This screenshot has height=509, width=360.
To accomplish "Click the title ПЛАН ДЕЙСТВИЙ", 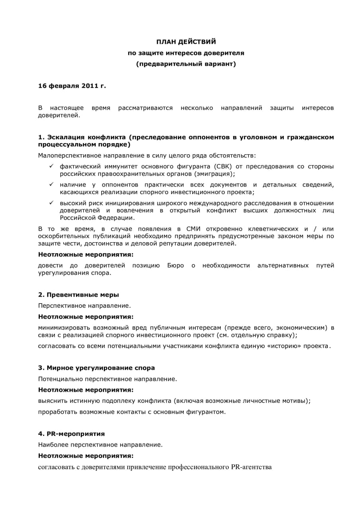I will click(x=186, y=41).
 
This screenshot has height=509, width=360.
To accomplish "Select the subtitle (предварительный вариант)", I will click(x=186, y=64).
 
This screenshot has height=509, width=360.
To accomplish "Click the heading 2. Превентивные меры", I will click(x=78, y=295).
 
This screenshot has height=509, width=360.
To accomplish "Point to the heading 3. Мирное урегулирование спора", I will click(x=96, y=368).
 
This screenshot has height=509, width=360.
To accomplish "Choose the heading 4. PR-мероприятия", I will click(x=72, y=433).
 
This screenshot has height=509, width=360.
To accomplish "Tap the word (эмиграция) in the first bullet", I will click(x=215, y=174).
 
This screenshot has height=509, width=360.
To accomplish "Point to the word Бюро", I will click(x=175, y=265).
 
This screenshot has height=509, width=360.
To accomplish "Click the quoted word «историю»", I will click(x=285, y=346).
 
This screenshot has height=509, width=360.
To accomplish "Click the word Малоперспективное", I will click(x=69, y=155).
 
